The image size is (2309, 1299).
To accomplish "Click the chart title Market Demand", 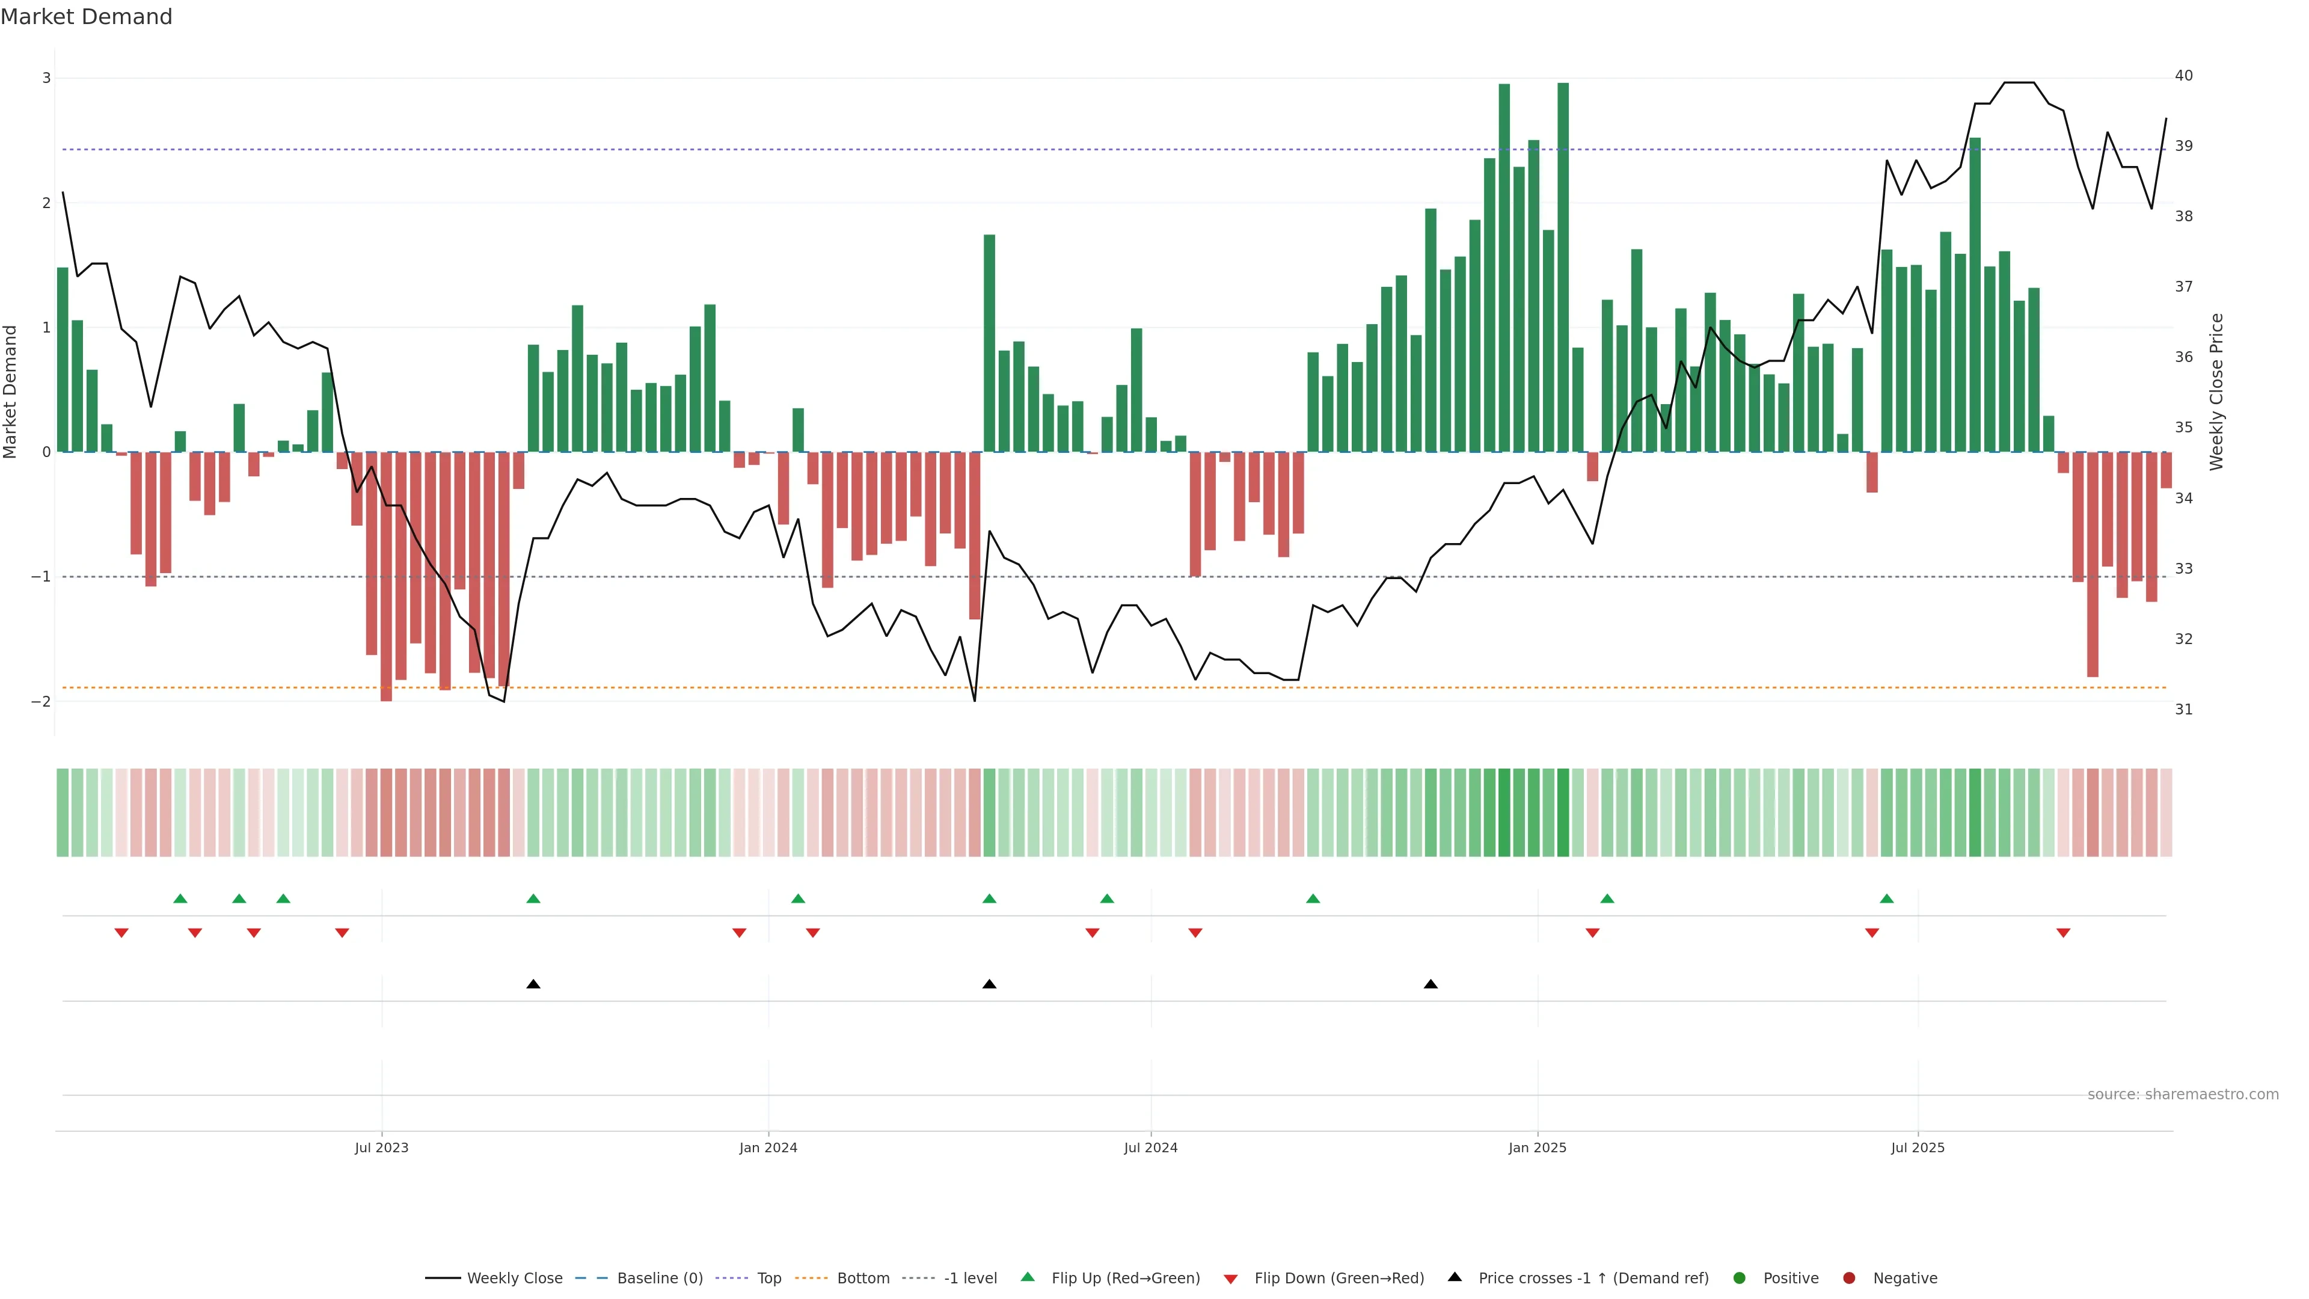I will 86,17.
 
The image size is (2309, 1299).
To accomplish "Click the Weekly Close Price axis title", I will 2216,392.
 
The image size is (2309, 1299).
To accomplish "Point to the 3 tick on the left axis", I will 47,78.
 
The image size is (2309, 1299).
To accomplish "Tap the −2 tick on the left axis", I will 41,701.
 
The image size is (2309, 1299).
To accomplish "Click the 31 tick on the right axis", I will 2183,709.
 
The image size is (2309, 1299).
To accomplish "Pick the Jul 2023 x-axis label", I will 381,1147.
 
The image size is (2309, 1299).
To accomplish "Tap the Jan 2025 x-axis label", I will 1538,1147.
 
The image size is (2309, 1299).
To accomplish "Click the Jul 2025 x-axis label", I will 1918,1147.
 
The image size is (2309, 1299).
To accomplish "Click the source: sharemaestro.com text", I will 2183,1095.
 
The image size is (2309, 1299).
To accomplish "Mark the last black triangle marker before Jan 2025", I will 1430,984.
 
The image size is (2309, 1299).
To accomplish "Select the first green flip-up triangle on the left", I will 180,898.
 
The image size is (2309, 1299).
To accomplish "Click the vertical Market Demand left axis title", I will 11,392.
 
